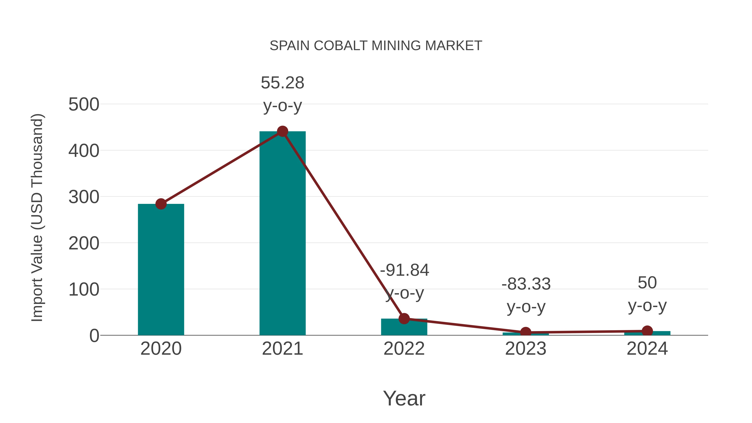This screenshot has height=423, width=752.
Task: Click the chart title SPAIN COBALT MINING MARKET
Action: click(x=376, y=46)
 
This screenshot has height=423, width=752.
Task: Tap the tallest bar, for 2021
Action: click(x=282, y=234)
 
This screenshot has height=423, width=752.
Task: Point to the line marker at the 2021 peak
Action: click(x=282, y=131)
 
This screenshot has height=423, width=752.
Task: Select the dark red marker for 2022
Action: click(x=404, y=319)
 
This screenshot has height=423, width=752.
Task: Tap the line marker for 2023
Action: click(x=526, y=332)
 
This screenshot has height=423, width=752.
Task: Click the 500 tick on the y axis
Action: click(x=84, y=104)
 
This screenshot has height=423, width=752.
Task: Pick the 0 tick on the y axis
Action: click(x=94, y=336)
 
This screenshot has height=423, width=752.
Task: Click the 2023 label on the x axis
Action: click(x=526, y=349)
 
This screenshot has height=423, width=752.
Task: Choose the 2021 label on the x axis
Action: click(x=282, y=349)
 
